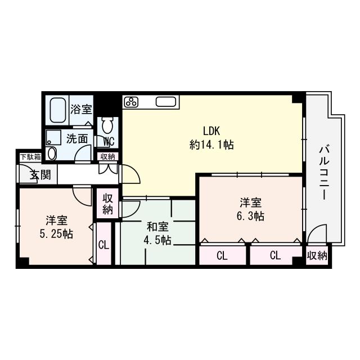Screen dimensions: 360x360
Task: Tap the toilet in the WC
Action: pyautogui.click(x=107, y=125)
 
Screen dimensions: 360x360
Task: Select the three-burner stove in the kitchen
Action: pyautogui.click(x=131, y=102)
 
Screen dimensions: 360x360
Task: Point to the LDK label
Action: pyautogui.click(x=211, y=130)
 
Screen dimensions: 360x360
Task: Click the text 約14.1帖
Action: pyautogui.click(x=211, y=145)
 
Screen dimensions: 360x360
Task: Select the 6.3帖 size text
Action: pyautogui.click(x=250, y=216)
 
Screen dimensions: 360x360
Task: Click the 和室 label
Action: pyautogui.click(x=157, y=227)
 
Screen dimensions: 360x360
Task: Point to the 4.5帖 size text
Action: pyautogui.click(x=157, y=240)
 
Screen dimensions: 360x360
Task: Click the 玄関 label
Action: pyautogui.click(x=40, y=174)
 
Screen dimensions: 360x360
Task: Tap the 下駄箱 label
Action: pyautogui.click(x=30, y=157)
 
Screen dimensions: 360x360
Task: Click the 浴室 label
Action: pyautogui.click(x=82, y=110)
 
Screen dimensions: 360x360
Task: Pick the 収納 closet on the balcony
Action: pyautogui.click(x=317, y=256)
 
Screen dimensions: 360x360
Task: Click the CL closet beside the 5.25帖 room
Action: pyautogui.click(x=103, y=245)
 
